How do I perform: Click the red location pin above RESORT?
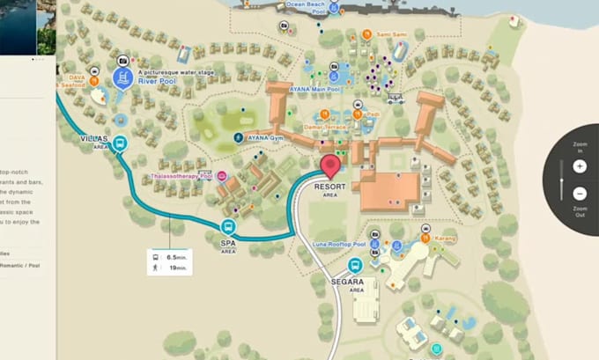[x=331, y=165]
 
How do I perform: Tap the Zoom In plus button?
[x=579, y=165]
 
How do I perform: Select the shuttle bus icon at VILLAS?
[x=121, y=143]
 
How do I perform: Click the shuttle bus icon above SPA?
[x=228, y=227]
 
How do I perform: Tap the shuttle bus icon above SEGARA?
[x=356, y=265]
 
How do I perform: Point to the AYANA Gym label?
[x=269, y=138]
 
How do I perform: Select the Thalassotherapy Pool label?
[x=181, y=176]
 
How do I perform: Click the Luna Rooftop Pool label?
[x=339, y=244]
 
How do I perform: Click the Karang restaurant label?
[x=445, y=237]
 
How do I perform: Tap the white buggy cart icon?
[x=396, y=99]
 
